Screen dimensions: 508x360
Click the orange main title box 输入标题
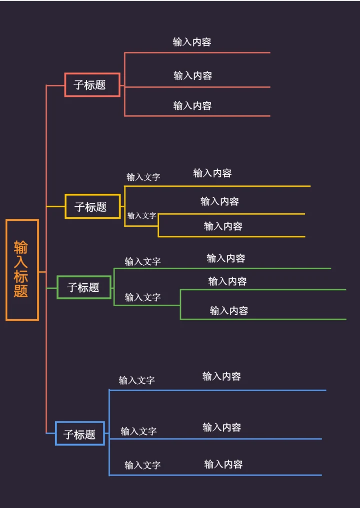(22, 270)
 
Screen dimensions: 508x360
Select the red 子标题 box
(92, 85)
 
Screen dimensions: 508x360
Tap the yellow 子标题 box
(93, 207)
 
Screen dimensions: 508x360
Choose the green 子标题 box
(84, 288)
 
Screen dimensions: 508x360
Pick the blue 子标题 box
(80, 434)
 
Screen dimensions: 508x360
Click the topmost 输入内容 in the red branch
(192, 42)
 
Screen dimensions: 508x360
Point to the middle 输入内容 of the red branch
(192, 75)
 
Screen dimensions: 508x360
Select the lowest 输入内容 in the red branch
(192, 105)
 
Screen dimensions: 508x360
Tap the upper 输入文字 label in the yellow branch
(143, 177)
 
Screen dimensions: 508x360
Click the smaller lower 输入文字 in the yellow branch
(141, 216)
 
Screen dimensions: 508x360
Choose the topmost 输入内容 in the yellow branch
(212, 173)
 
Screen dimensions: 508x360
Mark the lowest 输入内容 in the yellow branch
(223, 226)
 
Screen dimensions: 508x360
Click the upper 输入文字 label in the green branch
(142, 261)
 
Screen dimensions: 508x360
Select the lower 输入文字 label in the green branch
(142, 297)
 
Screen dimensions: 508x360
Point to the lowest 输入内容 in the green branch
(229, 311)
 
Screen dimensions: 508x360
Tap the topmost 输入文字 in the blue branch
(136, 380)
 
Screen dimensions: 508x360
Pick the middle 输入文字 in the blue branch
(138, 431)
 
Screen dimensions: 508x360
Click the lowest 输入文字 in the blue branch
(142, 465)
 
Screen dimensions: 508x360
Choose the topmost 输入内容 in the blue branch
(221, 376)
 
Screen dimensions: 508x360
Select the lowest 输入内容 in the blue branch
(223, 464)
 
